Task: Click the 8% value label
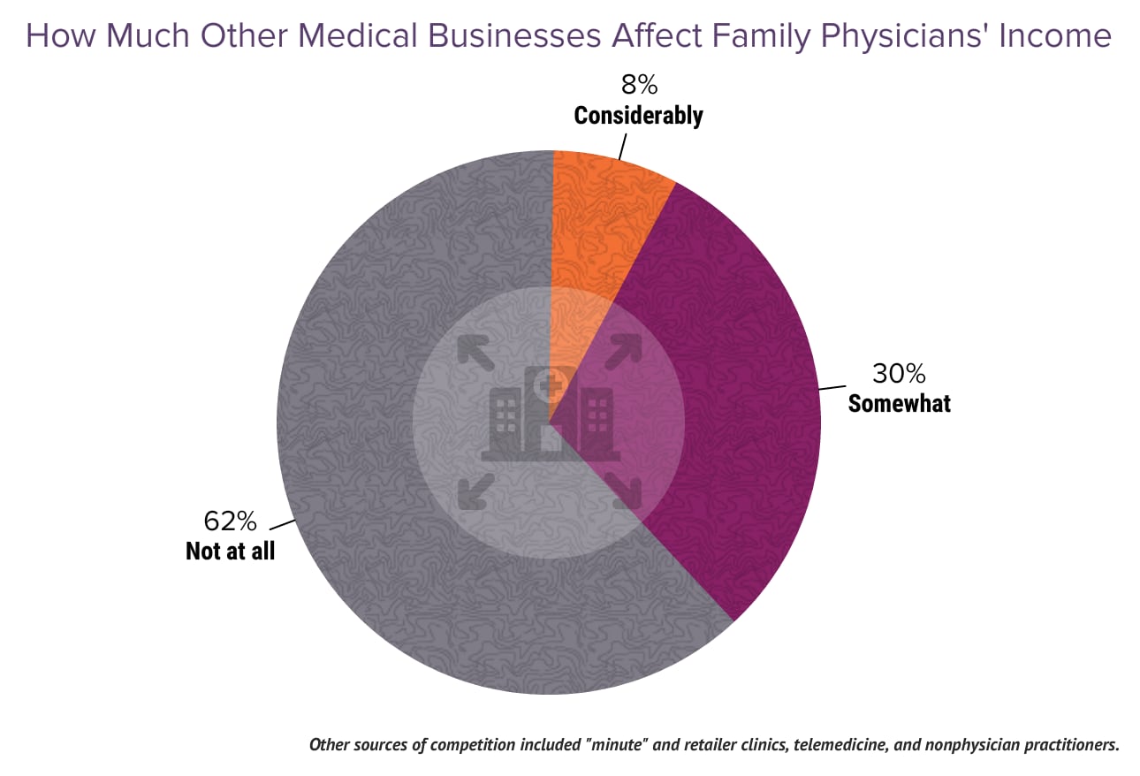point(638,87)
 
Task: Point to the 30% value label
point(898,374)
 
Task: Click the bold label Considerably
point(638,116)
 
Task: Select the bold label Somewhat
point(899,404)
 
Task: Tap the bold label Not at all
point(230,551)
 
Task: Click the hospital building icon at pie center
point(548,415)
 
